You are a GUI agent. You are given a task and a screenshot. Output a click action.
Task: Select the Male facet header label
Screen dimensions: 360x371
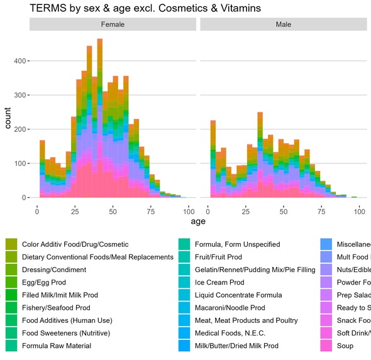point(283,25)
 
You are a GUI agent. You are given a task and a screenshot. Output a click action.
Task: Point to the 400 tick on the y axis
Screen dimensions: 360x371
point(20,61)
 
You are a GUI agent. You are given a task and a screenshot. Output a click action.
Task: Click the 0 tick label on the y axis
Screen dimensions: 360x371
point(24,198)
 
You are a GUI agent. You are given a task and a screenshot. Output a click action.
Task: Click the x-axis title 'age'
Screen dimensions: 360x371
point(198,221)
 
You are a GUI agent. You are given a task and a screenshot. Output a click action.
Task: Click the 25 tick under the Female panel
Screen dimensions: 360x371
point(75,209)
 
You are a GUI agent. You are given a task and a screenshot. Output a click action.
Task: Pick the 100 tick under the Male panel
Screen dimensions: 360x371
point(360,209)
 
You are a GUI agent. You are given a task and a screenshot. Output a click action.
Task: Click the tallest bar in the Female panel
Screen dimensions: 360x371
point(99,119)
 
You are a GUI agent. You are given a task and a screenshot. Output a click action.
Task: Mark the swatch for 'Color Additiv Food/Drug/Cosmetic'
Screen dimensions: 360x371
point(11,244)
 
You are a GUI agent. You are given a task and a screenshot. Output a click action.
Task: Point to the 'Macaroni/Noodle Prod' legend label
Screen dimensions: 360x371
point(233,308)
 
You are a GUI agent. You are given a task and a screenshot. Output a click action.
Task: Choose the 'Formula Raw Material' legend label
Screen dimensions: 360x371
point(57,346)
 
